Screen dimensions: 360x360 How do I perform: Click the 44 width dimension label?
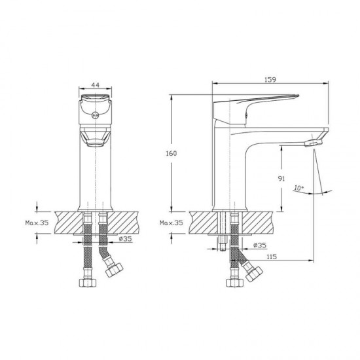click(x=96, y=85)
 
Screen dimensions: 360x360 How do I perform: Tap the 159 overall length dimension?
click(x=270, y=80)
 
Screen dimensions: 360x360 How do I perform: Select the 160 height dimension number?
click(x=171, y=153)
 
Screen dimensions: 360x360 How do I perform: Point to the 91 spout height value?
click(x=281, y=179)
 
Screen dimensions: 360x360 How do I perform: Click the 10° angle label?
click(x=298, y=188)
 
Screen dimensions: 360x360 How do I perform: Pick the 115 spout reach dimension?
click(x=272, y=257)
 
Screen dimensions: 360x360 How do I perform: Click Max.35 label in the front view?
click(x=37, y=223)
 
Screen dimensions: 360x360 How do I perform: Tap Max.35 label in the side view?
click(x=171, y=223)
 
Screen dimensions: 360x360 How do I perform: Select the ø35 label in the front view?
click(x=126, y=239)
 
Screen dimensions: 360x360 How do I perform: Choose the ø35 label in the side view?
click(x=260, y=245)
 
